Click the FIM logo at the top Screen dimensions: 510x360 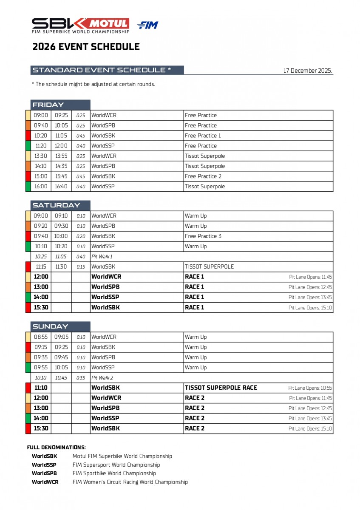coord(147,25)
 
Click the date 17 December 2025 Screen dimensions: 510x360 coord(307,71)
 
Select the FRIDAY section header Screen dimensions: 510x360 coord(48,105)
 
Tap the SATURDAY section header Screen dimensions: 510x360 coord(56,206)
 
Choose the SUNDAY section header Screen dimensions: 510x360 coord(50,327)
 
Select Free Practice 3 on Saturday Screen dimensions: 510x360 coord(203,236)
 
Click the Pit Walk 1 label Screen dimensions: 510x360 coord(102,257)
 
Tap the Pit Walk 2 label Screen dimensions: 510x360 coord(102,378)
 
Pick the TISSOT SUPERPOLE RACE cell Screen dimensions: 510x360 coord(221,388)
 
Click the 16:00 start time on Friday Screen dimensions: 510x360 coord(41,187)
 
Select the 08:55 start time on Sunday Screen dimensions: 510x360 coord(41,337)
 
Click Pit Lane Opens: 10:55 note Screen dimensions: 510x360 coord(310,388)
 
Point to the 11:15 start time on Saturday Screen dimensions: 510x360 coord(41,267)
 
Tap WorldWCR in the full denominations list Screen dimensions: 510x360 coord(45,482)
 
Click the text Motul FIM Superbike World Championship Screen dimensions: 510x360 coord(122,456)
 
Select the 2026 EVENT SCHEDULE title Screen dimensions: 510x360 coord(86,47)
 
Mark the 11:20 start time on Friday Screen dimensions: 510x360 coord(41,146)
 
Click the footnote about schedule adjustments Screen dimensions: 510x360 coord(94,84)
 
